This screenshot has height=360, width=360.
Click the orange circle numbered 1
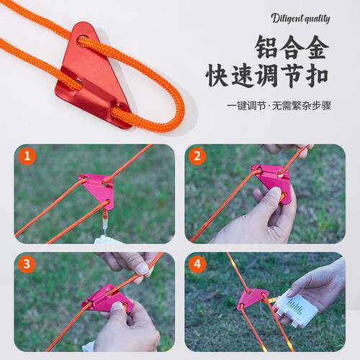(x=27, y=156)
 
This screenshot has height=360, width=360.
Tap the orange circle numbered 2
(x=197, y=156)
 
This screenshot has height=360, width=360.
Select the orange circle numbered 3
(x=27, y=264)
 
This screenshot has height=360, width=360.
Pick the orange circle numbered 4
(x=197, y=264)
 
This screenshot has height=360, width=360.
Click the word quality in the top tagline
(x=317, y=19)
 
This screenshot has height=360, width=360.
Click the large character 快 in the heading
(x=217, y=75)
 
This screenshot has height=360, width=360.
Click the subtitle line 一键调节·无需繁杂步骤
(x=279, y=106)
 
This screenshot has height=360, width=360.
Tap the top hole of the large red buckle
(x=82, y=42)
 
